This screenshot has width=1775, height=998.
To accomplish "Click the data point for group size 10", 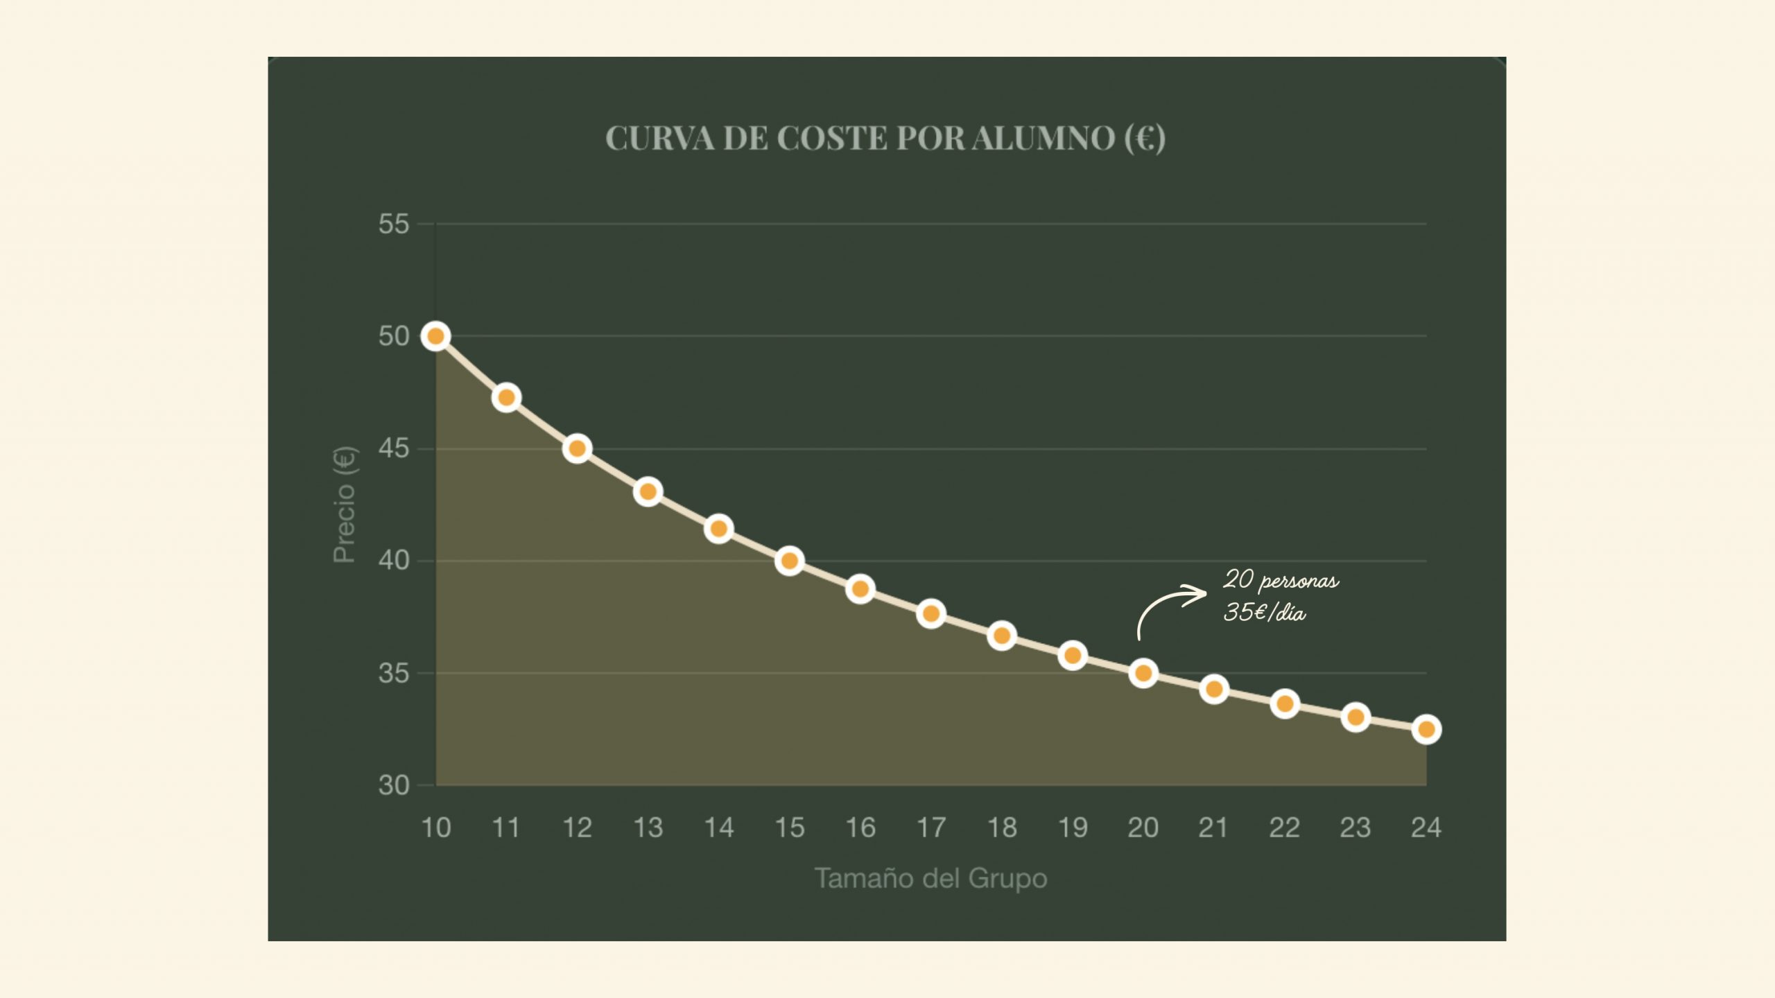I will pyautogui.click(x=435, y=336).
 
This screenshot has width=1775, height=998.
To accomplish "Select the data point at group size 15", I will pyautogui.click(x=789, y=561).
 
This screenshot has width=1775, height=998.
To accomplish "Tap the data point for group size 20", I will pyautogui.click(x=1143, y=673).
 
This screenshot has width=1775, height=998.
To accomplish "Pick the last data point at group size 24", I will pyautogui.click(x=1426, y=729).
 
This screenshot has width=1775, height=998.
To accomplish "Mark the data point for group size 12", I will pyautogui.click(x=577, y=448).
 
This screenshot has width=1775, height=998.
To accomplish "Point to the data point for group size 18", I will pyautogui.click(x=1001, y=636).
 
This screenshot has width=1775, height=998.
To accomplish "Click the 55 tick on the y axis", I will pyautogui.click(x=393, y=225).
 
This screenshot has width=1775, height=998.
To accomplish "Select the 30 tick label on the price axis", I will pyautogui.click(x=393, y=785).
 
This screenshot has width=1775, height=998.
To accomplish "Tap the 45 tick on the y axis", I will pyautogui.click(x=393, y=449).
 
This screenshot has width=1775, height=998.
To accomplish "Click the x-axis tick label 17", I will pyautogui.click(x=930, y=828).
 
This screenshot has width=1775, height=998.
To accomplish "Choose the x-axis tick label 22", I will pyautogui.click(x=1284, y=828).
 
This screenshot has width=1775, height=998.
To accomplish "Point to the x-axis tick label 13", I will pyautogui.click(x=648, y=828).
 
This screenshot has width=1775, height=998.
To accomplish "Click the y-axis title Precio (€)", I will pyautogui.click(x=345, y=505).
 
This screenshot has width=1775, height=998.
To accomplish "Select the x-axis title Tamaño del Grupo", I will pyautogui.click(x=930, y=878).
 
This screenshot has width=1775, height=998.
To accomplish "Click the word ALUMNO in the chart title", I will pyautogui.click(x=1043, y=138).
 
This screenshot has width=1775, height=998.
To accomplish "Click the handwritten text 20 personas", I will pyautogui.click(x=1281, y=580).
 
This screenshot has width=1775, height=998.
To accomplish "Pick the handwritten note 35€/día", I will pyautogui.click(x=1264, y=613).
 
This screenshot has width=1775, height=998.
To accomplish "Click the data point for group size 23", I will pyautogui.click(x=1355, y=717).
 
